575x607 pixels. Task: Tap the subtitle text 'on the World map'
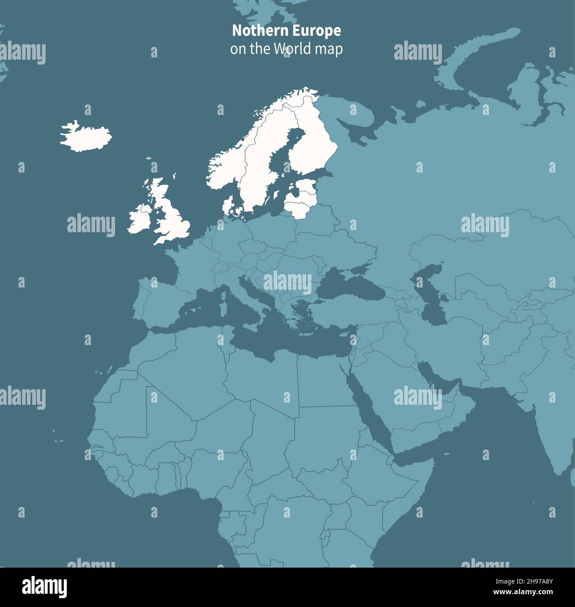(286, 49)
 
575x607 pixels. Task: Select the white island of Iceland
(86, 136)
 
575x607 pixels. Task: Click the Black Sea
(349, 288)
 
